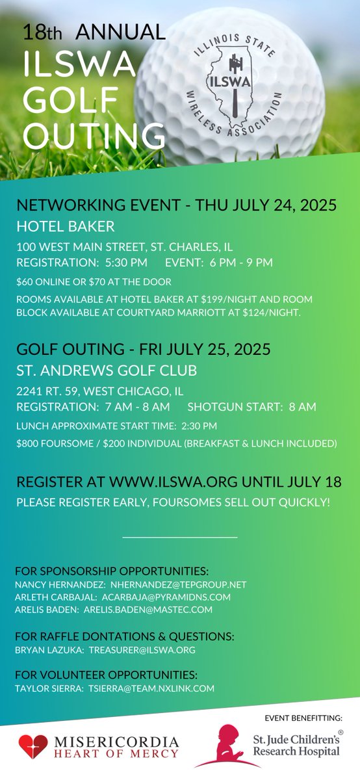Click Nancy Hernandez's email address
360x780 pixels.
[179, 584]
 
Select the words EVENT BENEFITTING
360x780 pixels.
[305, 717]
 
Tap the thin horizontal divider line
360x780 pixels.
[179, 538]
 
